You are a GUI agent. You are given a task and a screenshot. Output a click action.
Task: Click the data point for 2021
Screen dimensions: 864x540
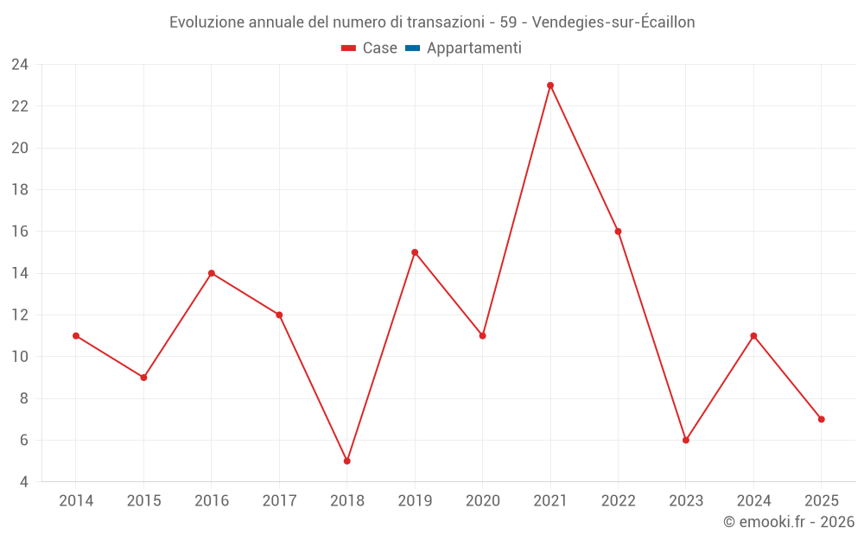[x=550, y=86]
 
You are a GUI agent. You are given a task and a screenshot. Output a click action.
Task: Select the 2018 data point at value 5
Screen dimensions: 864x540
[x=347, y=461]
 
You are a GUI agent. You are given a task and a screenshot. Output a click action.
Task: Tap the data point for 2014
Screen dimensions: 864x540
[x=76, y=336]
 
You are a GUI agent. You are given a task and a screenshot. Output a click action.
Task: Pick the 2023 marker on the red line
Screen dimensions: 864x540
[x=686, y=441]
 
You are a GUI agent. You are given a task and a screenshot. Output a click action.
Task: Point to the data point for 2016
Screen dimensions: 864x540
[x=212, y=273]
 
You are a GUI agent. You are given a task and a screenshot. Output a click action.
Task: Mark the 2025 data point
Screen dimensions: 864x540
[x=822, y=419]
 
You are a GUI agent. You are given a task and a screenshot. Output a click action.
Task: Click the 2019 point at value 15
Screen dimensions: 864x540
[x=415, y=252]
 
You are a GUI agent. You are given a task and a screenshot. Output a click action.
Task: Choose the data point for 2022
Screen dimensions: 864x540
[x=619, y=232]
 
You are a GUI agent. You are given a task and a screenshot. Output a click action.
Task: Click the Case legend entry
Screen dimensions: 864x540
[x=369, y=48]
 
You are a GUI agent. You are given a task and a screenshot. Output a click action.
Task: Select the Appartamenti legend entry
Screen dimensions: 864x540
[x=463, y=48]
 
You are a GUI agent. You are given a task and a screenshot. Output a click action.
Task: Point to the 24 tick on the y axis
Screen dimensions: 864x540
[x=20, y=65]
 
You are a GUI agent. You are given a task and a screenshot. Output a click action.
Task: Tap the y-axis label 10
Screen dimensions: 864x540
[x=20, y=357]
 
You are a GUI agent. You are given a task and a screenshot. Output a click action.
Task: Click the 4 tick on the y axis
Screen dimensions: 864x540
[x=23, y=482]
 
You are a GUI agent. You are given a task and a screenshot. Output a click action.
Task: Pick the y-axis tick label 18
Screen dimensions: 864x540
[x=20, y=189]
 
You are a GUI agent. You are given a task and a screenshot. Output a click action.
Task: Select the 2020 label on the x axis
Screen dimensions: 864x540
[x=483, y=501]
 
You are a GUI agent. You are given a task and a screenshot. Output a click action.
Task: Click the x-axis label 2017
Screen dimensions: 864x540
[x=279, y=501]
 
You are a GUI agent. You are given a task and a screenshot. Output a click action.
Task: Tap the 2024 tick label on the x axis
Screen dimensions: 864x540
[x=753, y=501]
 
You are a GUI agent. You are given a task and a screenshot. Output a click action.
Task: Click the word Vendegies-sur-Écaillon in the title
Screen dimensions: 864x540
[x=613, y=22]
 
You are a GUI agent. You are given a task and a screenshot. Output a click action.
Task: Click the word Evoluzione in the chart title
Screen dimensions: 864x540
[x=207, y=22]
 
